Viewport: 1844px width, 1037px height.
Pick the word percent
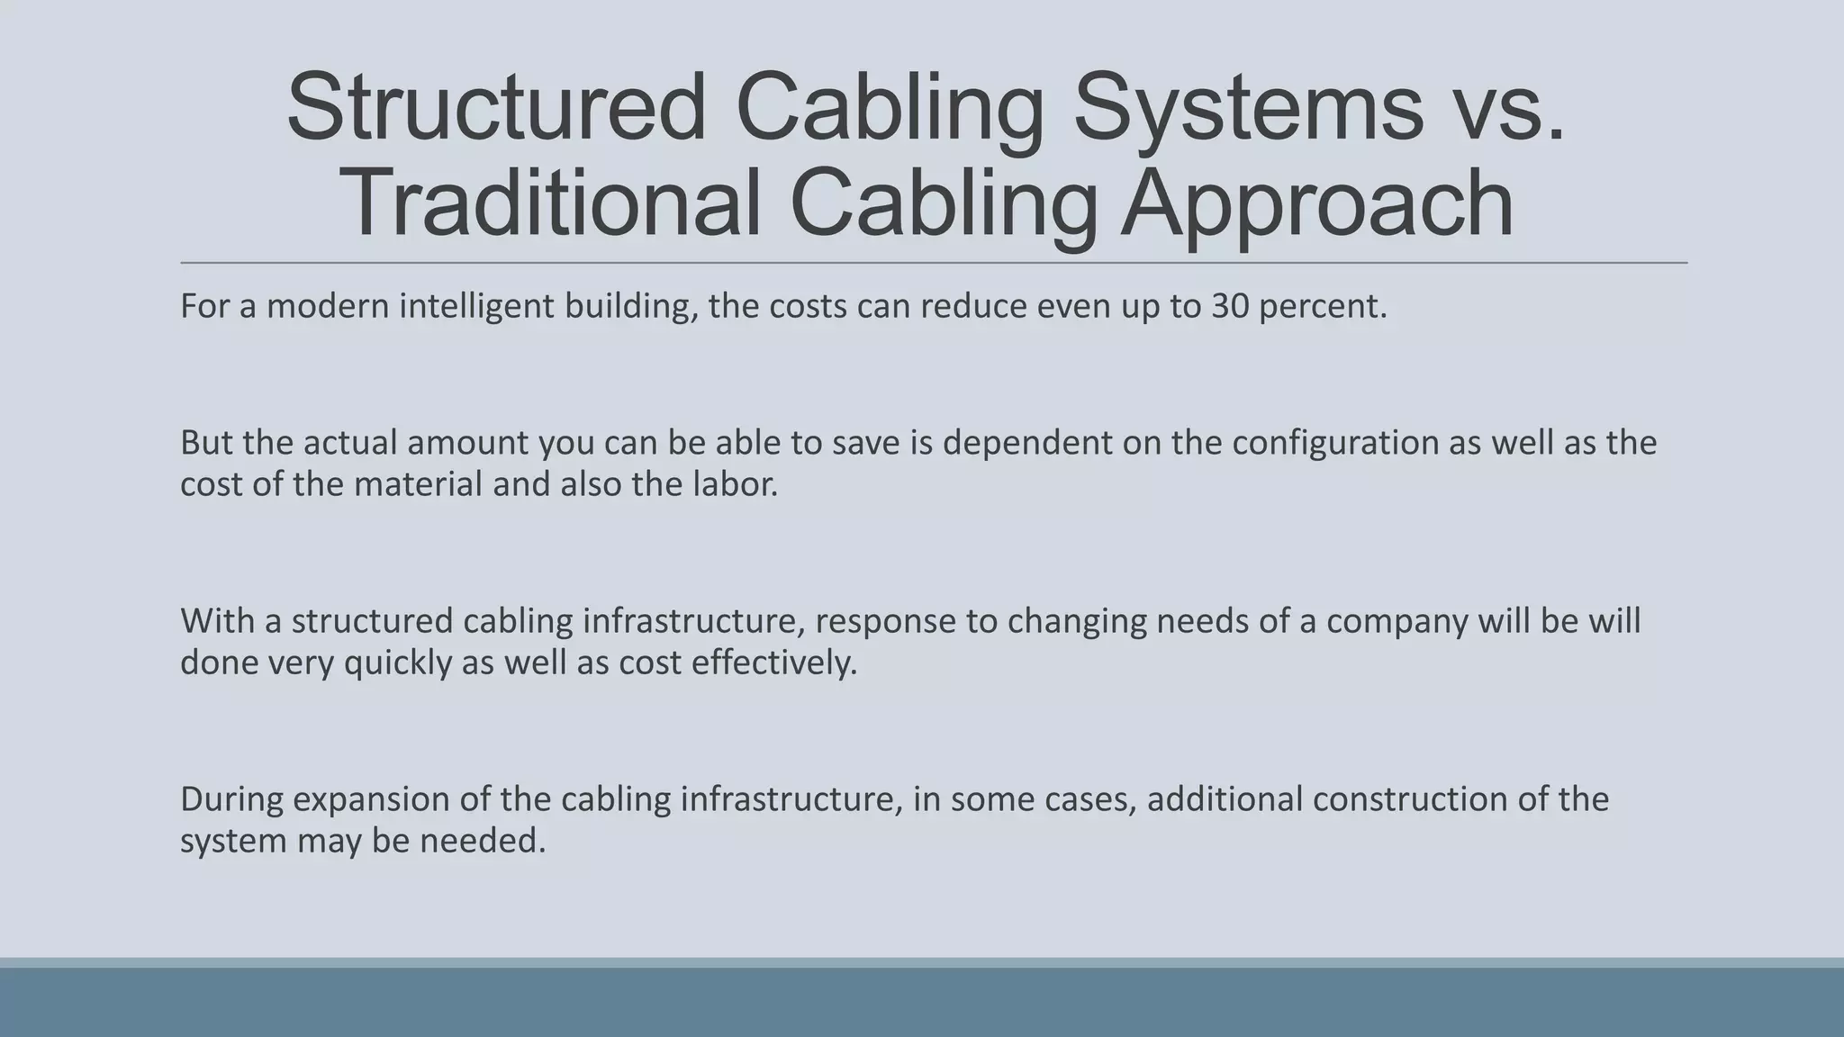1323,306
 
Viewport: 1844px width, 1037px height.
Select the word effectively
773,663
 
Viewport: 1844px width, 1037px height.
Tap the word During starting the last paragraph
231,798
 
